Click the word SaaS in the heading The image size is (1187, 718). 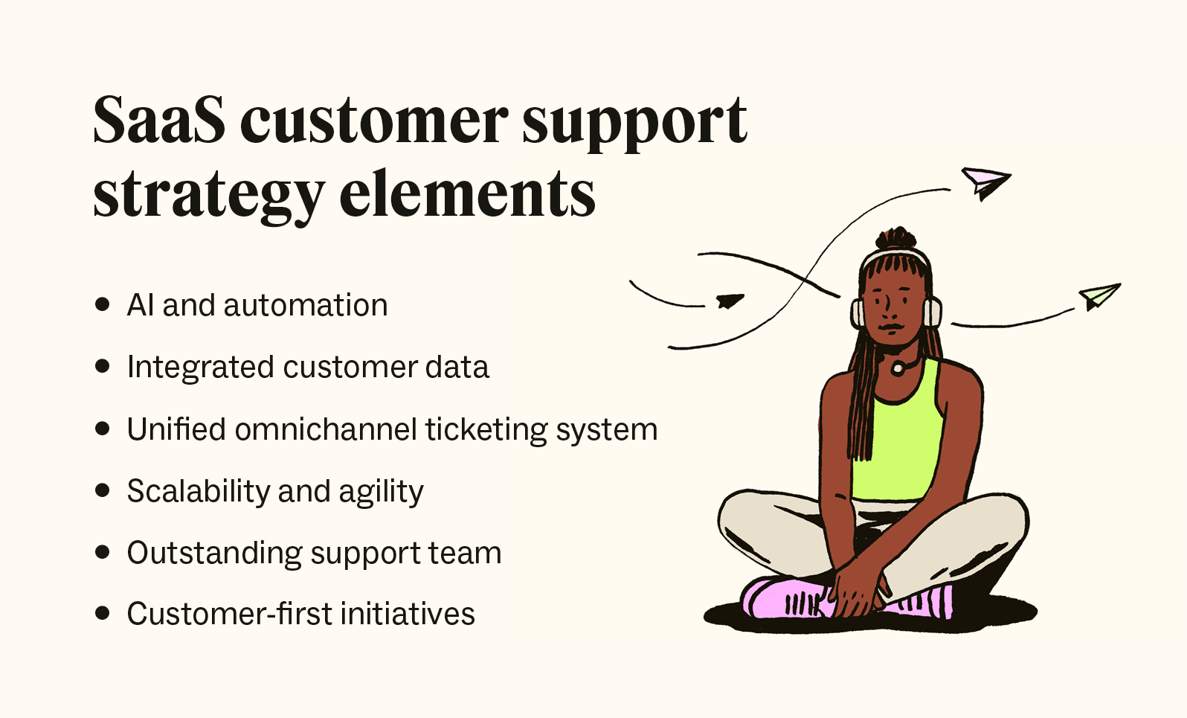point(158,121)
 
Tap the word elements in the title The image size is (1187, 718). point(467,194)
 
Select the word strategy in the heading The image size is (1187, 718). point(209,196)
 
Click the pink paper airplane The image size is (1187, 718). point(985,182)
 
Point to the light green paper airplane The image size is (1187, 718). point(1099,296)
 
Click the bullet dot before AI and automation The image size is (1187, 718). point(103,304)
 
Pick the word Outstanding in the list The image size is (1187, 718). point(214,553)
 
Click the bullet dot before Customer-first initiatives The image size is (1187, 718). point(103,614)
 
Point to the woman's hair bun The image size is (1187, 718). point(897,239)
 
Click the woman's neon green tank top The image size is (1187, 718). point(896,446)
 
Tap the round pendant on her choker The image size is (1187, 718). point(898,368)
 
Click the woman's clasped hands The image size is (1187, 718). point(855,592)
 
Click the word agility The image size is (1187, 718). point(381,492)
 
